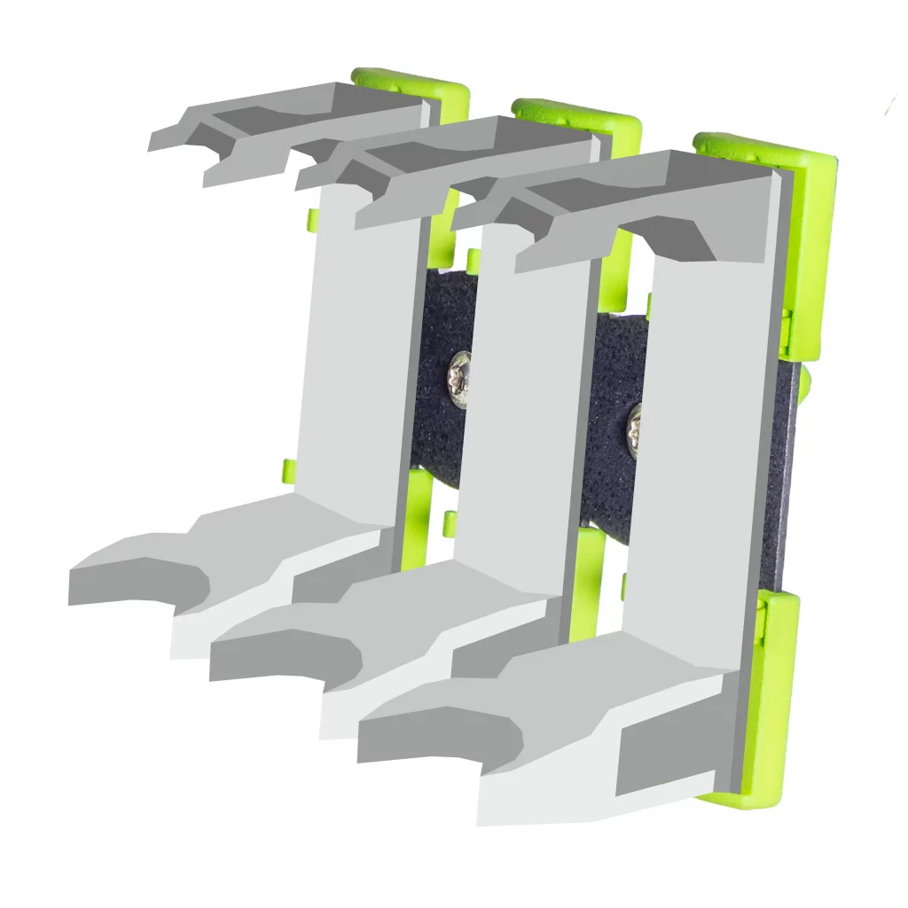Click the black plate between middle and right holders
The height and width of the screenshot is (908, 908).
tap(612, 426)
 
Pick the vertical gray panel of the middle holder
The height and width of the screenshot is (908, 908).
tap(523, 390)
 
